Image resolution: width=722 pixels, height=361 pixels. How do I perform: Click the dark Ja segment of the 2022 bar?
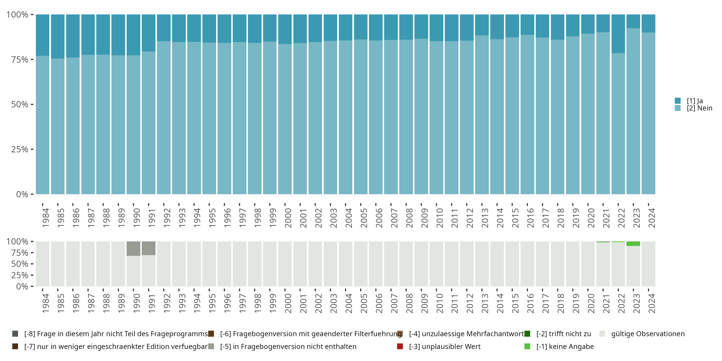618,34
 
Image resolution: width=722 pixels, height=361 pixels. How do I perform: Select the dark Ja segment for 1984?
43,35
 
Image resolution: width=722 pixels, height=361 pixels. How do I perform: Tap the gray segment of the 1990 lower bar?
133,248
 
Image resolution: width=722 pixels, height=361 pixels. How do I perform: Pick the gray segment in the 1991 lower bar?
148,248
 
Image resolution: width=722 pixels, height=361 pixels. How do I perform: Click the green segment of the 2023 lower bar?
633,244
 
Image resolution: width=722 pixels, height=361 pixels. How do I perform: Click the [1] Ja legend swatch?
677,101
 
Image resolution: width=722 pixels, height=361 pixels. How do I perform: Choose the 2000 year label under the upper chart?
288,218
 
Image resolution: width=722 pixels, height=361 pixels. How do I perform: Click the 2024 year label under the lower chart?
652,303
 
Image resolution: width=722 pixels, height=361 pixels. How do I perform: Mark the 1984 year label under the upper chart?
45,218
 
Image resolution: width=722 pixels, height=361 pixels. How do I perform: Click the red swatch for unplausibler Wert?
400,346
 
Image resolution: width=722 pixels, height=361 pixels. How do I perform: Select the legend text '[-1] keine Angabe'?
565,346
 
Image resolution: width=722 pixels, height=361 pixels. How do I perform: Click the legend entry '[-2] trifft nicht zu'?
564,334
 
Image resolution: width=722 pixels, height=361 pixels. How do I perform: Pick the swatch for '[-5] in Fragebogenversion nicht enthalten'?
211,346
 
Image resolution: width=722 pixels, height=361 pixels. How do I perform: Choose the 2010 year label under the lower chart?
439,303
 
